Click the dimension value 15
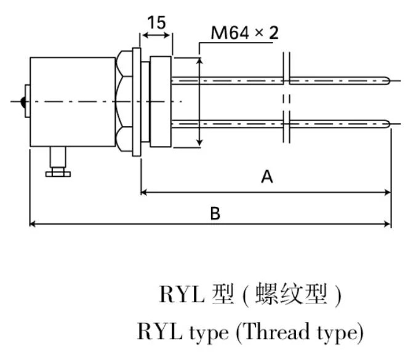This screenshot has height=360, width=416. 156,23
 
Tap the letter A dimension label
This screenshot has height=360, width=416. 266,177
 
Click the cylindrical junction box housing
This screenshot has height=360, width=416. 73,102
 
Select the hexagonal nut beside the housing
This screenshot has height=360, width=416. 126,102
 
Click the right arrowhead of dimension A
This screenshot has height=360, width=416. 387,193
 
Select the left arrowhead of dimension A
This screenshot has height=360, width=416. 145,193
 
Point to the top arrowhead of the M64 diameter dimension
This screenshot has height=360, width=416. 199,62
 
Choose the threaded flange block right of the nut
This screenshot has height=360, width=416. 159,102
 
